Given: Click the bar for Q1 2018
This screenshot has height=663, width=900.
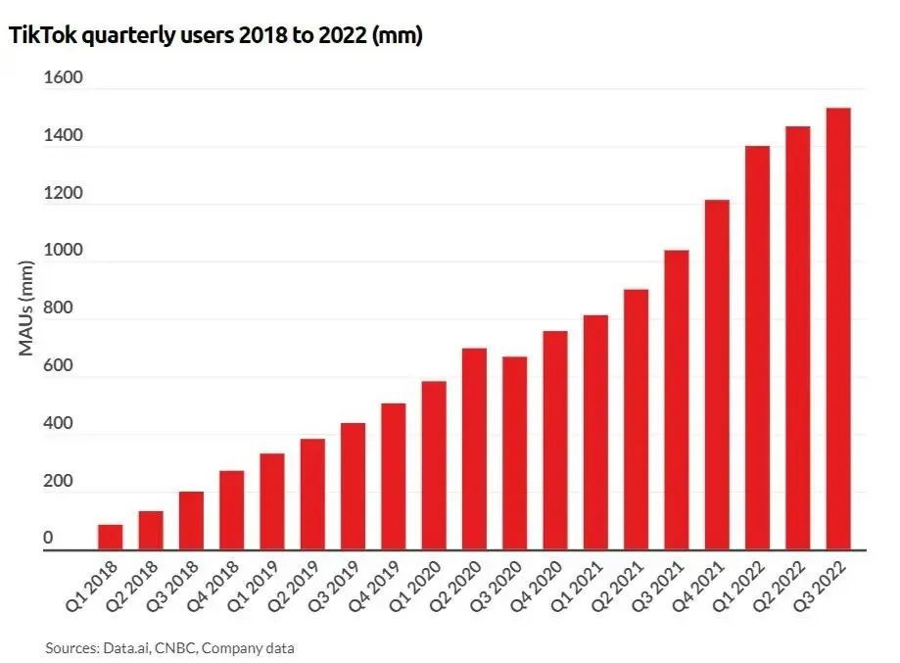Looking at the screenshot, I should coord(111,538).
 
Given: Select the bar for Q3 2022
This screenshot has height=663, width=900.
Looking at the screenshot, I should coord(838,329).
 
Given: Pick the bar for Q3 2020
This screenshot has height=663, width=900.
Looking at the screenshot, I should coord(515,452).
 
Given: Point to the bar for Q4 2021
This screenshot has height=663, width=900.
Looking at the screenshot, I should coord(717,375).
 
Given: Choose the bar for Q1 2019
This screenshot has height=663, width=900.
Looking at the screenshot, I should coord(272,501).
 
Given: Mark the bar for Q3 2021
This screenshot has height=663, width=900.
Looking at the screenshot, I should coord(677,400).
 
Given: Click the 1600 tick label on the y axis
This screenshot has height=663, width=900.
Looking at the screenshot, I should coord(64,78).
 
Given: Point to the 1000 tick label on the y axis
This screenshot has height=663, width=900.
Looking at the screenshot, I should coord(64,251).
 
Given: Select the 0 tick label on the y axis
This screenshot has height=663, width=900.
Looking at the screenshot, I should coord(49,539).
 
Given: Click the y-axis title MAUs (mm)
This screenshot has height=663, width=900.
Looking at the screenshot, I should coord(26,308).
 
